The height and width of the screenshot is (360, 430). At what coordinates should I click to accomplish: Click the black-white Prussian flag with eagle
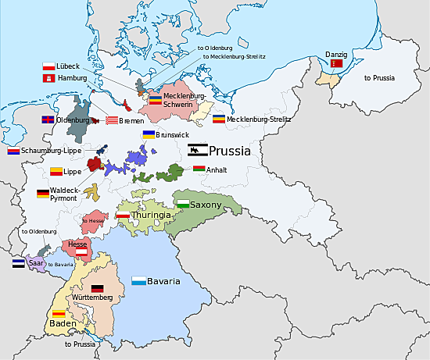[x=197, y=150]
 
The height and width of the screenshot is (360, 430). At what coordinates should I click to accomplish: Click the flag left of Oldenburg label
[x=48, y=120]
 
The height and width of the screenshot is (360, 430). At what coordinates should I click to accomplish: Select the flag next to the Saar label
[x=17, y=264]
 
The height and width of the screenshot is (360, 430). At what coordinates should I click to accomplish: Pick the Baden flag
[x=59, y=314]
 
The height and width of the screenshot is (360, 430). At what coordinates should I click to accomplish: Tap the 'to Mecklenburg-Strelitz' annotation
[x=235, y=56]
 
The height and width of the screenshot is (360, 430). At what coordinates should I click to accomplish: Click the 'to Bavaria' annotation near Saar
[x=60, y=265]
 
